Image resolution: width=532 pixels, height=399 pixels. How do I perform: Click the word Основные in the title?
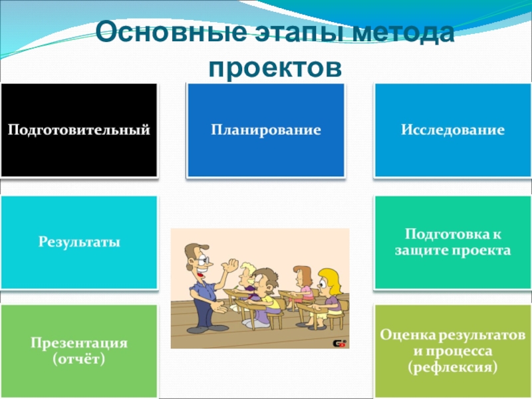click(171, 31)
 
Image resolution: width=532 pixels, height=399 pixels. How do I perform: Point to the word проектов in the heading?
click(275, 67)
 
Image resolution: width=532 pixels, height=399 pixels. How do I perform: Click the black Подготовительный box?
click(79, 130)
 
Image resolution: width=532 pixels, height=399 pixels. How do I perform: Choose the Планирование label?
click(266, 130)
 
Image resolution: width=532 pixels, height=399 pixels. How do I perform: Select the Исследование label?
click(453, 130)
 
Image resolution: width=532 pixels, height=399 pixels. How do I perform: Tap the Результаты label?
click(79, 242)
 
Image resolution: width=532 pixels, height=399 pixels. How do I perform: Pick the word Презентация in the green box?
click(79, 342)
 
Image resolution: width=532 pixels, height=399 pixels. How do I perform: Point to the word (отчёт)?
click(78, 359)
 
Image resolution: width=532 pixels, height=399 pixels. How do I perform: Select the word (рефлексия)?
click(453, 368)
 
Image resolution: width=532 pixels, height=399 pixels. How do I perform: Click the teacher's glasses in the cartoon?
click(203, 261)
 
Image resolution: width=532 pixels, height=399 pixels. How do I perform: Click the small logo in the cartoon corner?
click(339, 344)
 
